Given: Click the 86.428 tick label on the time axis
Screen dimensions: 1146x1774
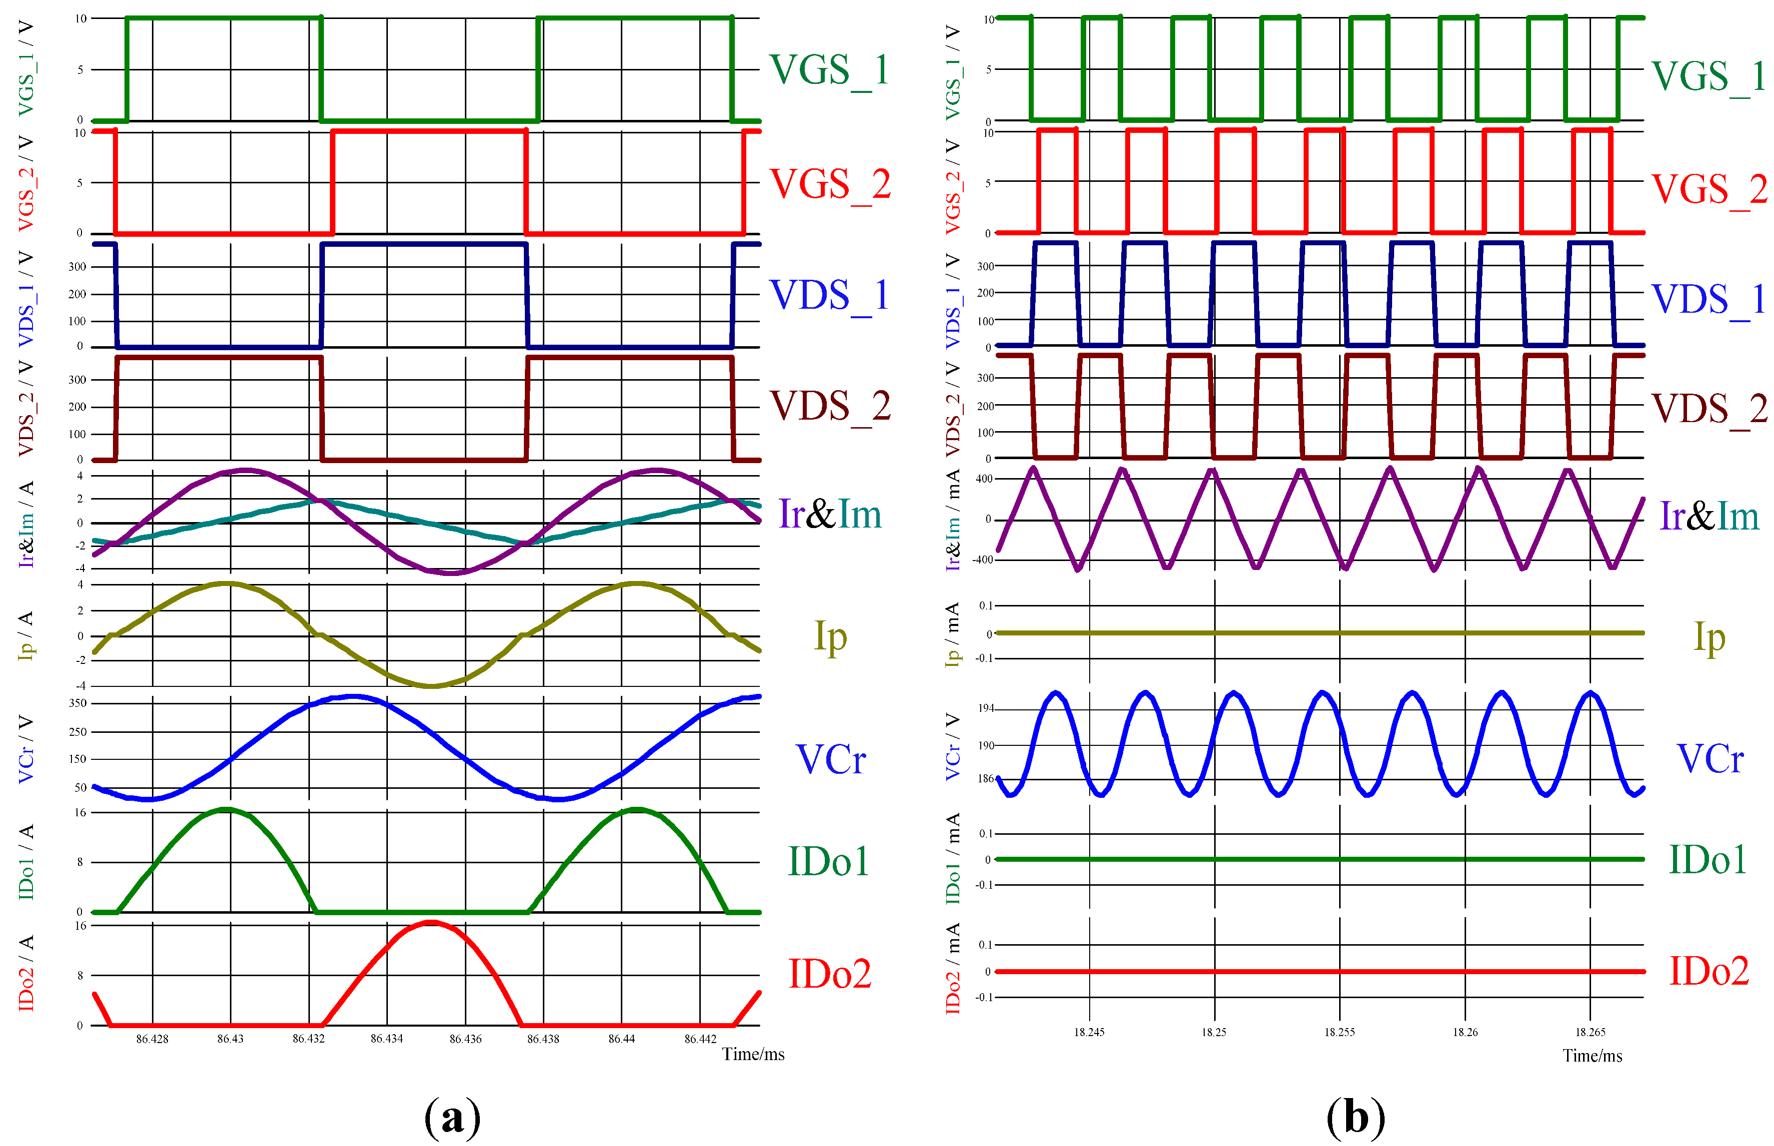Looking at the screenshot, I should (152, 1039).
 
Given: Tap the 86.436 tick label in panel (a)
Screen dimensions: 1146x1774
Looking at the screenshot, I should (465, 1039).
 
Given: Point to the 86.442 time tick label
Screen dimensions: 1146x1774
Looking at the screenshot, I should (700, 1039).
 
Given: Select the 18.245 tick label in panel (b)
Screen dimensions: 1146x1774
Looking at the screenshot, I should (1089, 1032).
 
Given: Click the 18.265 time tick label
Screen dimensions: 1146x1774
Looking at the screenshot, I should (1590, 1032).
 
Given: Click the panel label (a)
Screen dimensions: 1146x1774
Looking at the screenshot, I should (452, 1116).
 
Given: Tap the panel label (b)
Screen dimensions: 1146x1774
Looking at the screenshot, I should (1355, 1116).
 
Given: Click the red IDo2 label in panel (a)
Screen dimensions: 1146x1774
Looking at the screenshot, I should (829, 973).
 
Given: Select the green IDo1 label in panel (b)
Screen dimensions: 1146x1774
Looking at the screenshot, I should (1708, 859).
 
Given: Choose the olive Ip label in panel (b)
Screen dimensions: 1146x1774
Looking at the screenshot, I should (1709, 637).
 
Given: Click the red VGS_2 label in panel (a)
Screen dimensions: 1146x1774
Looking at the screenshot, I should (829, 184).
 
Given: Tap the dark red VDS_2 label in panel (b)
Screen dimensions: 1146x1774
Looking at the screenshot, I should (1709, 409).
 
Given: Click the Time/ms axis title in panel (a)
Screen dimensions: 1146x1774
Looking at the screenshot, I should (753, 1055).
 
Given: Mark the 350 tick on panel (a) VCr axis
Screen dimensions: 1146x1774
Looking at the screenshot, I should (77, 703).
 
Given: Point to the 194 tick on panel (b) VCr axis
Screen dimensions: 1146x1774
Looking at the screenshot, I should (986, 708).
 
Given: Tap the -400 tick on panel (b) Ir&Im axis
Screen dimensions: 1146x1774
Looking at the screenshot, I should (983, 560).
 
